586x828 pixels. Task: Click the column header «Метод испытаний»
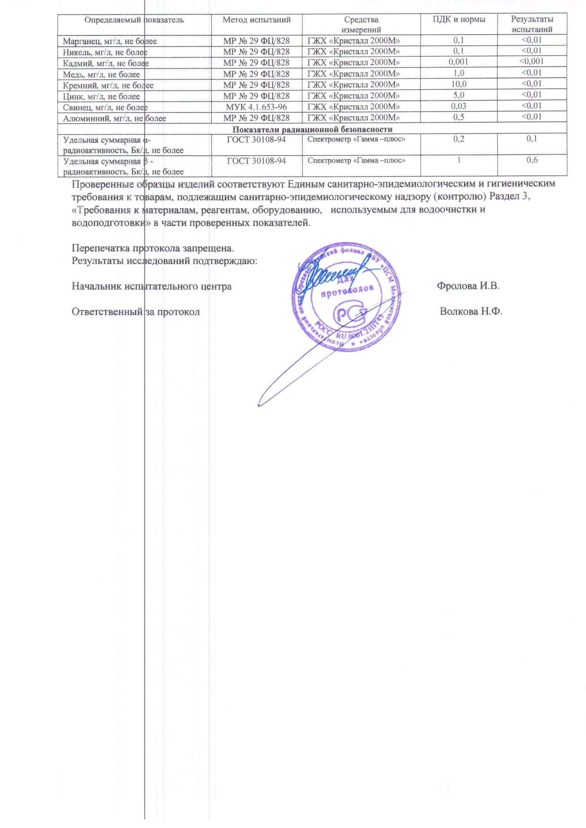[x=257, y=20]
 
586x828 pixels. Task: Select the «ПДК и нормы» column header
[x=459, y=20]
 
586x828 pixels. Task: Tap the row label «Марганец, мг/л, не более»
[x=110, y=41]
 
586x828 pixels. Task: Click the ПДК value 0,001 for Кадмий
[x=458, y=62]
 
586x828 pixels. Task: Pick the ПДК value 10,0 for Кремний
[x=458, y=84]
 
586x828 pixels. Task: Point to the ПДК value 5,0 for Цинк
[x=458, y=95]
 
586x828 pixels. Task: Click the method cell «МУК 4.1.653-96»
[x=256, y=107]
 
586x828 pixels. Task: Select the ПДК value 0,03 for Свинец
[x=458, y=106]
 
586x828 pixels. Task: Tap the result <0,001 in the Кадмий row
[x=532, y=61]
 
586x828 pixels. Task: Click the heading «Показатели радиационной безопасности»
[x=312, y=129]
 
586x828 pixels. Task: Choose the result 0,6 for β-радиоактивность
[x=532, y=160]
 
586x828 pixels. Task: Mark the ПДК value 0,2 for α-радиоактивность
[x=458, y=139]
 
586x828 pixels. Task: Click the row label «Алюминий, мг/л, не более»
[x=114, y=118]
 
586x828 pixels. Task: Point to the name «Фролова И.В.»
[x=468, y=286]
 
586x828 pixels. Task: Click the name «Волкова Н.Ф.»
[x=471, y=311]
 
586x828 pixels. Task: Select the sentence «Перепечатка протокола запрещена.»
[x=153, y=248]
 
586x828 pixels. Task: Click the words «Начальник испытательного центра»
[x=152, y=286]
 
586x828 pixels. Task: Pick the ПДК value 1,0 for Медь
[x=458, y=73]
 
